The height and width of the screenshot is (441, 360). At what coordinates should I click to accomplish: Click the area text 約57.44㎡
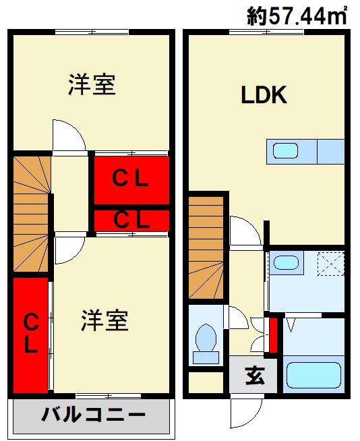pos(297,16)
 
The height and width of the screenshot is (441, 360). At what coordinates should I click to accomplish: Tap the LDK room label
pos(264,95)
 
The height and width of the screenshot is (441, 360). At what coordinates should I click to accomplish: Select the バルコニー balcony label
pos(94,415)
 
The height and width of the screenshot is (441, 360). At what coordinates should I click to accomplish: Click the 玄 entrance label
pos(255,376)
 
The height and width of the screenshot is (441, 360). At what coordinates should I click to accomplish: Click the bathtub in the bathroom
pos(313,375)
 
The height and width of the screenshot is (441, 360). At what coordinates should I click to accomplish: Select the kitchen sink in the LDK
pos(285,151)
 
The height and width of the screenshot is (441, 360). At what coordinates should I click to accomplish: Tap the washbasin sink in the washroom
pos(287,262)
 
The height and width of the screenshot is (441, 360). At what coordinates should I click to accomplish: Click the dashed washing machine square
pos(331,264)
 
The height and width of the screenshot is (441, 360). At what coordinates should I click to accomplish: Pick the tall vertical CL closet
pos(30,335)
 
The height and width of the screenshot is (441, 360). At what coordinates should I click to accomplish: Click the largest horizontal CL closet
pos(131,180)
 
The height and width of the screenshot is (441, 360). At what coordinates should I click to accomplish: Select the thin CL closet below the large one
pos(131,220)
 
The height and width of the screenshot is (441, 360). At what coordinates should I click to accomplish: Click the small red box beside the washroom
pos(273,335)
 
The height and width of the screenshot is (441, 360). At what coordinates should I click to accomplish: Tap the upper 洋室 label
pos(92,84)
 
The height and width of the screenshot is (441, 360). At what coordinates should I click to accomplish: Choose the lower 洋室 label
pos(104,320)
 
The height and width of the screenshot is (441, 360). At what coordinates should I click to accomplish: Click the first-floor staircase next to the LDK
pos(206,247)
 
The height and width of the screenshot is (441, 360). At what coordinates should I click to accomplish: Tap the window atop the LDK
pos(266,32)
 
